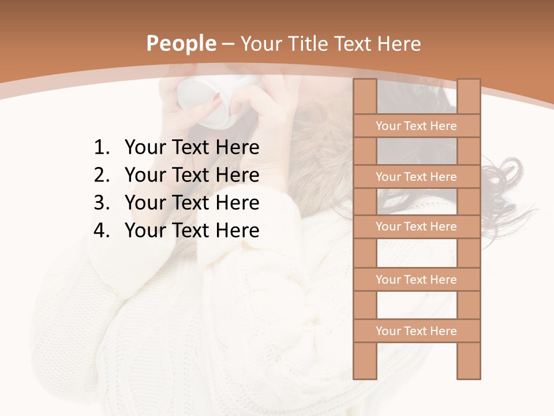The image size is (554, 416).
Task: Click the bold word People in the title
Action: [181, 44]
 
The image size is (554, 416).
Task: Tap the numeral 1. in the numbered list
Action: [101, 148]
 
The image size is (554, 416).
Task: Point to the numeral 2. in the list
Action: [101, 175]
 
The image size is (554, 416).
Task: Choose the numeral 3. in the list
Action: [101, 203]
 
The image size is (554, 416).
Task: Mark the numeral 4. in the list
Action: [101, 231]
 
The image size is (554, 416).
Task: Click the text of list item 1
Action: [192, 148]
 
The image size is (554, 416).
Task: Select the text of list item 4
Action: [192, 231]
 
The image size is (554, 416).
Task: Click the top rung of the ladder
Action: [416, 126]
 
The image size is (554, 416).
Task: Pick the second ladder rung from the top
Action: [416, 177]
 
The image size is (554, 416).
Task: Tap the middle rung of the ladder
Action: [416, 226]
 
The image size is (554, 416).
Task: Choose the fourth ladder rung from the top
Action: [416, 280]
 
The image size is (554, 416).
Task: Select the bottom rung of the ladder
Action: [416, 331]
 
